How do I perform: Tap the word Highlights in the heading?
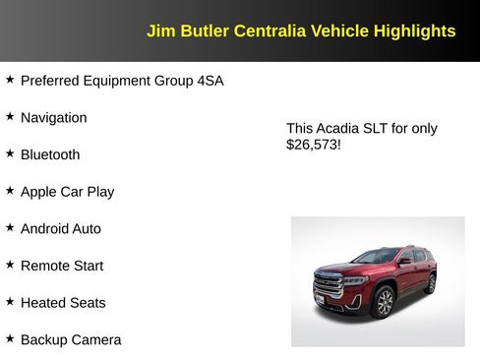(414, 30)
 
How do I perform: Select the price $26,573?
(314, 145)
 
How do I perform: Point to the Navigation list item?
(53, 118)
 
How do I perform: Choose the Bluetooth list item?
(50, 154)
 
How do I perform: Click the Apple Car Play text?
(67, 192)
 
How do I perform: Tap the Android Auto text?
(60, 229)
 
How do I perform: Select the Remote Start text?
(61, 266)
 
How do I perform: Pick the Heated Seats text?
(63, 303)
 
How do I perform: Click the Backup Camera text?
(71, 340)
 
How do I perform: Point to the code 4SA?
(210, 81)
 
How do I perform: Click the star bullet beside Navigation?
(10, 116)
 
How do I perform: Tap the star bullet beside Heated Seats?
(10, 301)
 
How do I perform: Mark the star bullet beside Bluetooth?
(10, 153)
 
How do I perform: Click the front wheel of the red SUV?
(384, 301)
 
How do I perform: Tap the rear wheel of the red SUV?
(429, 284)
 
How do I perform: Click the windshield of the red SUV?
(374, 258)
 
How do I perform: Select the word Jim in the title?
(159, 30)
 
